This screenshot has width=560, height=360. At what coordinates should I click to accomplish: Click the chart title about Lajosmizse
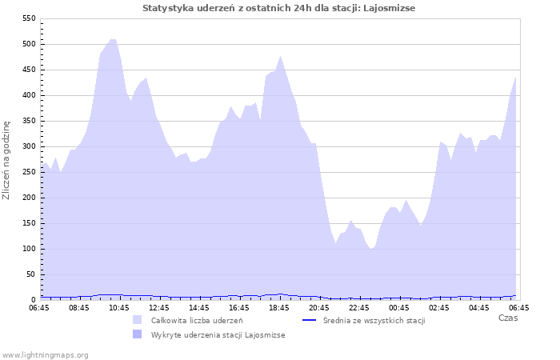coord(279,8)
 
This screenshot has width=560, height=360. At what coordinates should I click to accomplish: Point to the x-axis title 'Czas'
coord(507,318)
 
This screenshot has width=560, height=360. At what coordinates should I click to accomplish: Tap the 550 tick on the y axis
coord(27,18)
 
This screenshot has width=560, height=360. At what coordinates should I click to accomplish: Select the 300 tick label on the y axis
coord(27,146)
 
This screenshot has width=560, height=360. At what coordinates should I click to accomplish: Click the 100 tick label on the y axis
coord(27,249)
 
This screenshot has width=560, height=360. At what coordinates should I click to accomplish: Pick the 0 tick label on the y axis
coord(32,300)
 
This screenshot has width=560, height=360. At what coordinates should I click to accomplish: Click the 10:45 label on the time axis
coord(119,307)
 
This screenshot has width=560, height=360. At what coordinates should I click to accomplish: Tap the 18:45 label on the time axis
coord(279,307)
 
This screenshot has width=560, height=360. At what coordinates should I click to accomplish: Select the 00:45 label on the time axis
coord(399,307)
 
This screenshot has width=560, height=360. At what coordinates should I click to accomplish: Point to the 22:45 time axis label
coord(359,307)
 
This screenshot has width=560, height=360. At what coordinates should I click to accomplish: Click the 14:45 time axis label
coord(199,307)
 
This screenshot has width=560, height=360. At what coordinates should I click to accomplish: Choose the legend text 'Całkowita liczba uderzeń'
coord(197,320)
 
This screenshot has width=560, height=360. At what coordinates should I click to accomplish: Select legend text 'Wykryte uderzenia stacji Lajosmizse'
coord(218,335)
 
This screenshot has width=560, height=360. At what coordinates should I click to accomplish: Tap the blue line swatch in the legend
coord(309,320)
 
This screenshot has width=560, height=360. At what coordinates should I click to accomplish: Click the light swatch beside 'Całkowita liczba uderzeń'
coord(138,320)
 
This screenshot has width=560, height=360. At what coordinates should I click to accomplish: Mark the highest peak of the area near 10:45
coord(113,39)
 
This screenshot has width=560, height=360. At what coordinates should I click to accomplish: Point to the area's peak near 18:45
coord(280,56)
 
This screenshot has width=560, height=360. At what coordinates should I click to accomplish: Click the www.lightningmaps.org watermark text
coord(45,354)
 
